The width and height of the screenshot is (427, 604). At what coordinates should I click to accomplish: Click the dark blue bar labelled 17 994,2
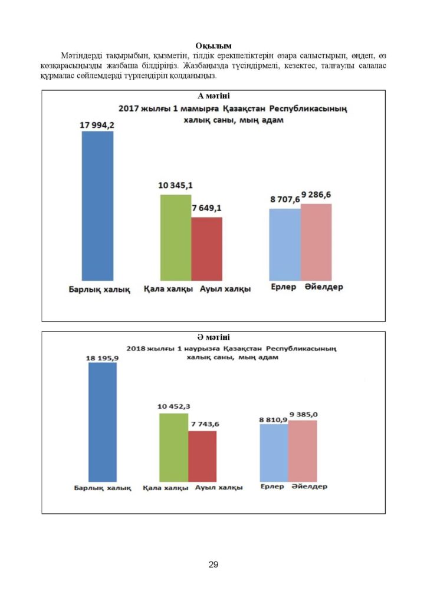point(97,206)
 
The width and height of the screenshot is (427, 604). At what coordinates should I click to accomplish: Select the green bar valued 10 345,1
point(176,238)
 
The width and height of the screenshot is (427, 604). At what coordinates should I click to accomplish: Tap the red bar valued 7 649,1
point(207,249)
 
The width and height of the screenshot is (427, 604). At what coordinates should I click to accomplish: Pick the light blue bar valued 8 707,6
point(285,245)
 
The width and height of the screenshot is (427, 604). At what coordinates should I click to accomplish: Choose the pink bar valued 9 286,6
point(316,242)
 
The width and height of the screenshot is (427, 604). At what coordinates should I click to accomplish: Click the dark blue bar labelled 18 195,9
point(103,422)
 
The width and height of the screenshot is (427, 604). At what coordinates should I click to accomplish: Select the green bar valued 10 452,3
point(173,448)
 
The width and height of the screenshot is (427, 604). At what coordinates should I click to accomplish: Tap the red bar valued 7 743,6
point(202,457)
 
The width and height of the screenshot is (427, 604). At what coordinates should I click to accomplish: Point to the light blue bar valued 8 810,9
point(274,453)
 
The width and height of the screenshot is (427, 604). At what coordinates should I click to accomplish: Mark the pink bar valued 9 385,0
point(303,451)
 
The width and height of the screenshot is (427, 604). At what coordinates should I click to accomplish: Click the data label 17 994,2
point(97,125)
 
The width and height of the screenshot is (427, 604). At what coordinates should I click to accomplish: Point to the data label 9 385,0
point(304,415)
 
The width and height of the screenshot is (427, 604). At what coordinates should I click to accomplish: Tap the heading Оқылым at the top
point(213,46)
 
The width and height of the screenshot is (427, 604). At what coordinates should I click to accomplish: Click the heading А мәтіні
point(213,96)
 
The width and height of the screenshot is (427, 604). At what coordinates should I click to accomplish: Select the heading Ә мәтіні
point(213,337)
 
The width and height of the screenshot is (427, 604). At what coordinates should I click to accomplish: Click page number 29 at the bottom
point(213,564)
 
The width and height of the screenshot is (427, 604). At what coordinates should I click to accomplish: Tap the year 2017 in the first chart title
point(129,109)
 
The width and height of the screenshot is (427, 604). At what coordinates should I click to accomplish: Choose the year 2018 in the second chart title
point(136,349)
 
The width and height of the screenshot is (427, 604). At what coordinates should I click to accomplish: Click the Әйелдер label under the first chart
point(324,287)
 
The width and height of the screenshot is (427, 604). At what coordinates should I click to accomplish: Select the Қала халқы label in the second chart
point(166,488)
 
